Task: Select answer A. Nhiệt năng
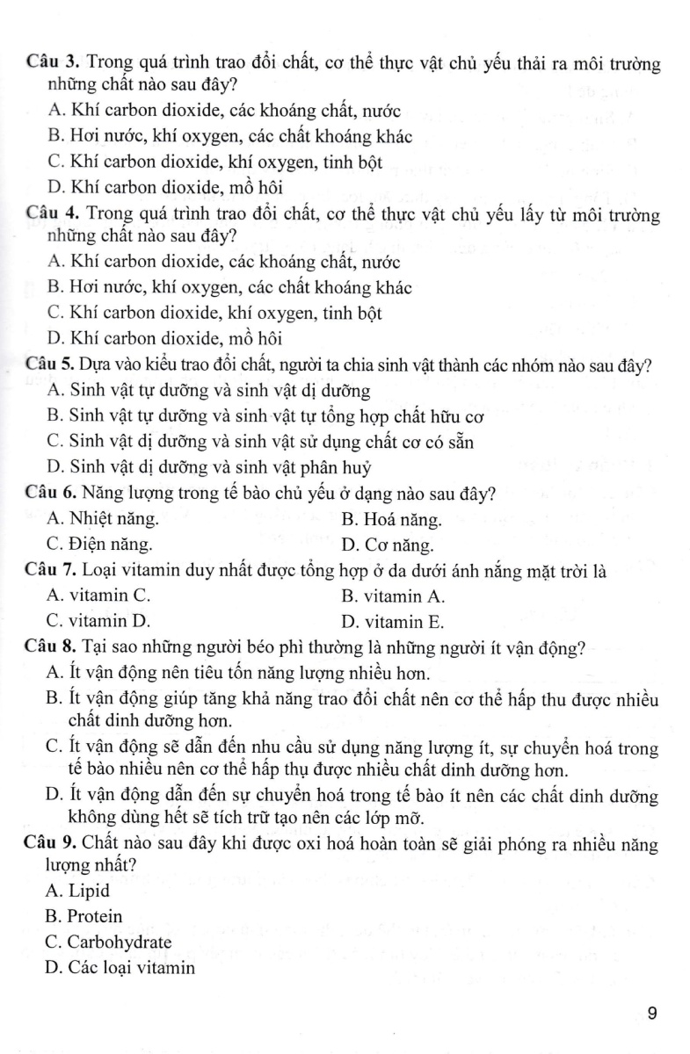104,520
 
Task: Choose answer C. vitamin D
98,623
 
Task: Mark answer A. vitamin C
98,597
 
